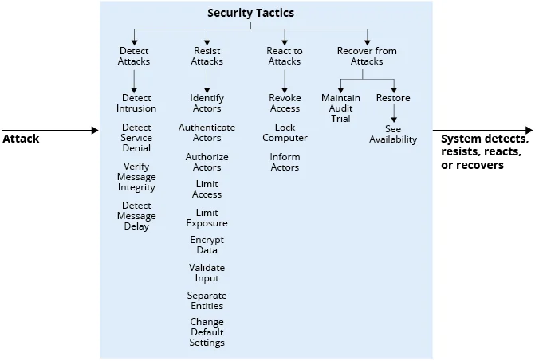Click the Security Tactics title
tap(250, 13)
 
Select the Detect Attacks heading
tap(134, 56)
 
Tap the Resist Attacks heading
tap(207, 56)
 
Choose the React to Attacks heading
tap(285, 56)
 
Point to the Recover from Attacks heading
tap(367, 56)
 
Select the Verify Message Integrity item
tap(136, 177)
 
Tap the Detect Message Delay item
tap(136, 216)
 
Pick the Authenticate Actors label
tap(207, 132)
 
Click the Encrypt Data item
tap(207, 245)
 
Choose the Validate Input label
tap(207, 273)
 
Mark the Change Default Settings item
tap(207, 332)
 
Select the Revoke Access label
tap(285, 103)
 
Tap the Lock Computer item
tap(285, 132)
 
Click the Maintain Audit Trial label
tap(340, 108)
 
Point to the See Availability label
tap(393, 134)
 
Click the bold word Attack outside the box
tap(21, 139)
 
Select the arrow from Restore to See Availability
tap(394, 114)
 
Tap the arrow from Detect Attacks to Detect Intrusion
tap(135, 80)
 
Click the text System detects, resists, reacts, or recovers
tap(485, 151)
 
